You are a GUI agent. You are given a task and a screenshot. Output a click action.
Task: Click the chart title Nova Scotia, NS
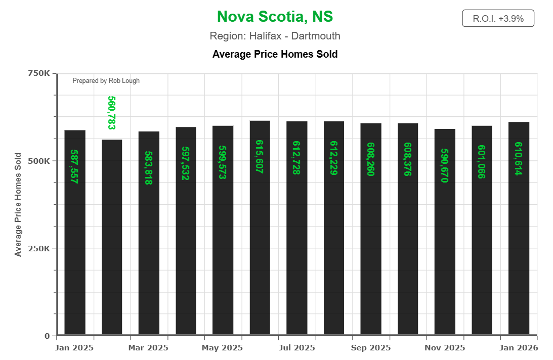[x=275, y=17]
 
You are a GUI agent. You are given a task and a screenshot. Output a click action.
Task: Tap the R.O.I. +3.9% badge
[x=498, y=19]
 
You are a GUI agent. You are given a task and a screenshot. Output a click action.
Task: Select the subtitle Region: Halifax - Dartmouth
[x=275, y=36]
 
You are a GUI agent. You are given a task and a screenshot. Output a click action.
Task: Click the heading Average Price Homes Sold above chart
[x=275, y=54]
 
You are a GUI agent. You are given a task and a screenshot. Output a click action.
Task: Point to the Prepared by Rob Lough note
[x=106, y=80]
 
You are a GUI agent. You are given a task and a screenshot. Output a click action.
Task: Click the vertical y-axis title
[x=18, y=204]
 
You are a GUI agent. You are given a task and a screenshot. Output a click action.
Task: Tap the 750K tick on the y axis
[x=38, y=73]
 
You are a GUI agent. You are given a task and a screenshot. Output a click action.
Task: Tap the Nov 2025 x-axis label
[x=444, y=348]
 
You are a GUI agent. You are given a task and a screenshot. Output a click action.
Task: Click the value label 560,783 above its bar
[x=112, y=113]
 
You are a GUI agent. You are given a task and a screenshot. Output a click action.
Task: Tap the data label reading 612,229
[x=334, y=158]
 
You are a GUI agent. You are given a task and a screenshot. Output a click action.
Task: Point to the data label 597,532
[x=186, y=163]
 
